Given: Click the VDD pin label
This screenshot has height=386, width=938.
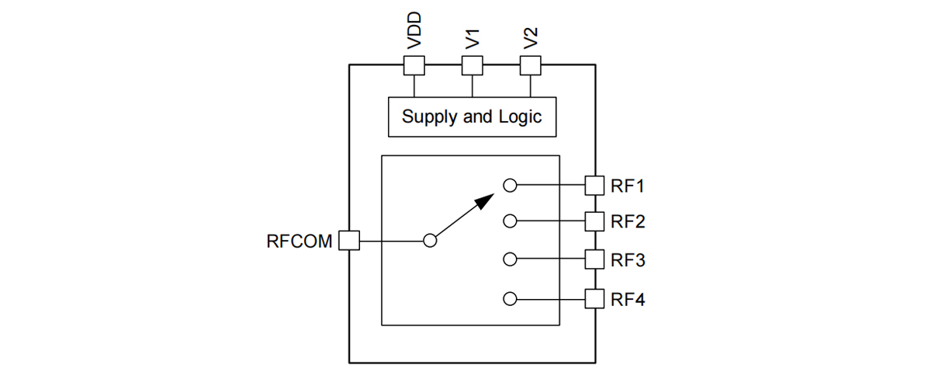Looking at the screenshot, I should pyautogui.click(x=414, y=32).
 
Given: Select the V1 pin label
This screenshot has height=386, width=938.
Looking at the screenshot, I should pyautogui.click(x=472, y=38).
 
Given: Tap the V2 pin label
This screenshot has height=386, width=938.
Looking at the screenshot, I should pyautogui.click(x=530, y=38).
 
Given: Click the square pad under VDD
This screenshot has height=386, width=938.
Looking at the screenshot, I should pyautogui.click(x=414, y=65).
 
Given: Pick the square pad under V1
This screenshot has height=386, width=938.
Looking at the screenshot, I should pyautogui.click(x=472, y=65).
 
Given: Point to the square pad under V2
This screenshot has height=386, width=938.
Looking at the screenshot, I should pyautogui.click(x=530, y=65).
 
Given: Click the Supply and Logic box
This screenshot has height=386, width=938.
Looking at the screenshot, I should pyautogui.click(x=472, y=117).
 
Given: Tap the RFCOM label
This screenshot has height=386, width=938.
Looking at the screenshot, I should pyautogui.click(x=299, y=241).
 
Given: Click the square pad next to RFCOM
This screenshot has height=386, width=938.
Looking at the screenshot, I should pyautogui.click(x=350, y=241).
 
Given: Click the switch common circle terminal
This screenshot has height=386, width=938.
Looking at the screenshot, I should pyautogui.click(x=431, y=241).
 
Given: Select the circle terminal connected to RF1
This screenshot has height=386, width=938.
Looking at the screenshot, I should pyautogui.click(x=510, y=186).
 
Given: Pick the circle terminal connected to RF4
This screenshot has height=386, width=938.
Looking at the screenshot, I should pyautogui.click(x=510, y=298).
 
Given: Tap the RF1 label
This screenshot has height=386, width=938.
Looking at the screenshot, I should pyautogui.click(x=628, y=186).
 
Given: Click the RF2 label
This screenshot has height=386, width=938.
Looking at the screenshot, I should pyautogui.click(x=628, y=221).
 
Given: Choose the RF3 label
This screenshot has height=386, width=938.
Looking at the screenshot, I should pyautogui.click(x=628, y=260).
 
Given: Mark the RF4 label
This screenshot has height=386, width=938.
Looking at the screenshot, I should pyautogui.click(x=628, y=299).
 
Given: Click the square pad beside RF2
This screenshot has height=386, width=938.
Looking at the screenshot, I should pyautogui.click(x=594, y=221).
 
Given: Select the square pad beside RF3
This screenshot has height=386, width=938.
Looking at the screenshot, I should pyautogui.click(x=594, y=259).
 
